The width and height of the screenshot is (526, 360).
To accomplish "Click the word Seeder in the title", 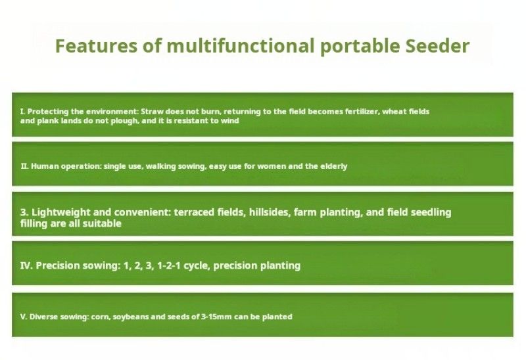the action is pos(437,46).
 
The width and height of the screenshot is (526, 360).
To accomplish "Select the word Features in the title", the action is pos(96,46).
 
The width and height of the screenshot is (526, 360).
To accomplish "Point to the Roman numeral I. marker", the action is pos(22,111).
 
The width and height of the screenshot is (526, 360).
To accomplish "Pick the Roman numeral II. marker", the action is pos(24,166).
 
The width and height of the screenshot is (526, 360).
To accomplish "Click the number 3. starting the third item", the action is pos(24,212).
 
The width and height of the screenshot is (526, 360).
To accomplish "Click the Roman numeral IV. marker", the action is pos(26,265).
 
